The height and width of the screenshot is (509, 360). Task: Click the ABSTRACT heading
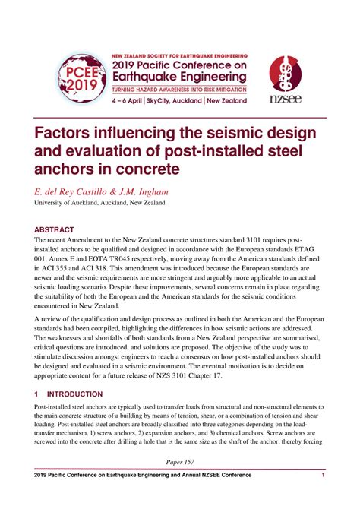[54, 229]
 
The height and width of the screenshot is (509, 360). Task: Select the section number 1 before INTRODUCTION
[36, 394]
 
